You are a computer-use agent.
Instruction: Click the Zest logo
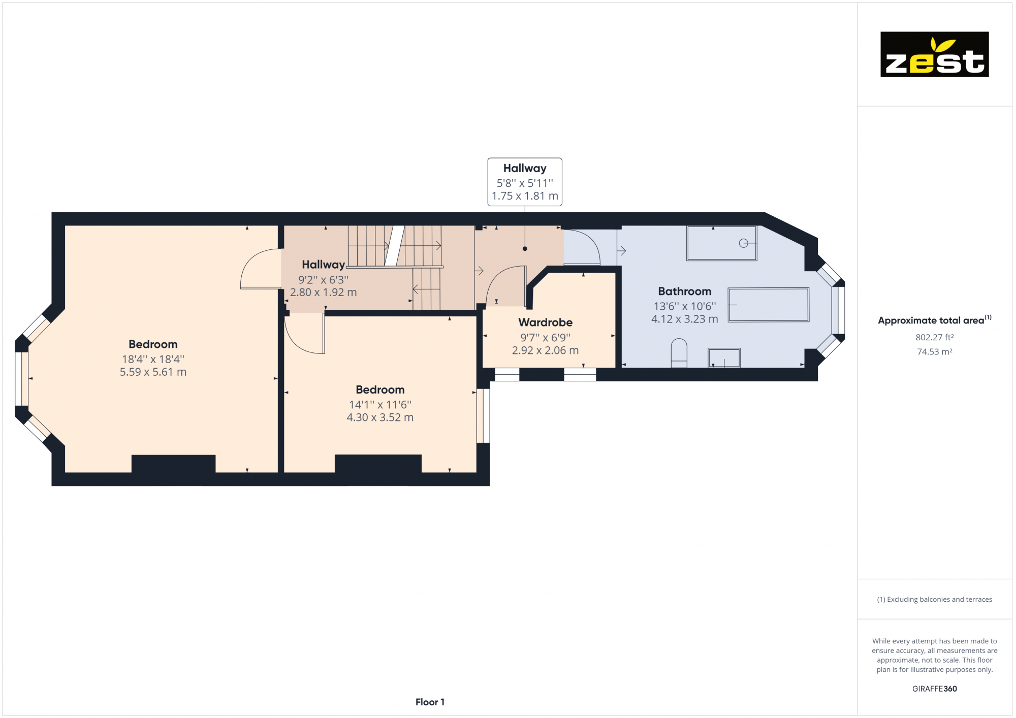point(934,54)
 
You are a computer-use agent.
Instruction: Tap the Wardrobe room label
point(545,322)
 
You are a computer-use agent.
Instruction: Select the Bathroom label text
point(684,291)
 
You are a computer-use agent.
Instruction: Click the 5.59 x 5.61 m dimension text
point(153,372)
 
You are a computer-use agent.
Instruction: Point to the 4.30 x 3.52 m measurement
point(380,417)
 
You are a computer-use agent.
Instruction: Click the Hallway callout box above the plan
point(525,182)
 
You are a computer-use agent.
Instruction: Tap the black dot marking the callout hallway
point(525,249)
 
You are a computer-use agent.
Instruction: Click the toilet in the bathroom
point(679,352)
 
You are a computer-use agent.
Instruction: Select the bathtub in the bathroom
point(768,305)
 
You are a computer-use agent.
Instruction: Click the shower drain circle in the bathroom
point(743,243)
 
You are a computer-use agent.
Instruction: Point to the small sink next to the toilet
point(724,357)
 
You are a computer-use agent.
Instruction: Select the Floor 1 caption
point(430,702)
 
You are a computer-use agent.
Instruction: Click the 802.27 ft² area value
point(934,337)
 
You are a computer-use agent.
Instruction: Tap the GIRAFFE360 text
point(934,689)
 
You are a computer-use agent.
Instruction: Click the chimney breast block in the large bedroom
point(173,464)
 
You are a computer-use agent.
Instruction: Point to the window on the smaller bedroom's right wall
point(483,415)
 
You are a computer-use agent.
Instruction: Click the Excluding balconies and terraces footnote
point(934,600)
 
